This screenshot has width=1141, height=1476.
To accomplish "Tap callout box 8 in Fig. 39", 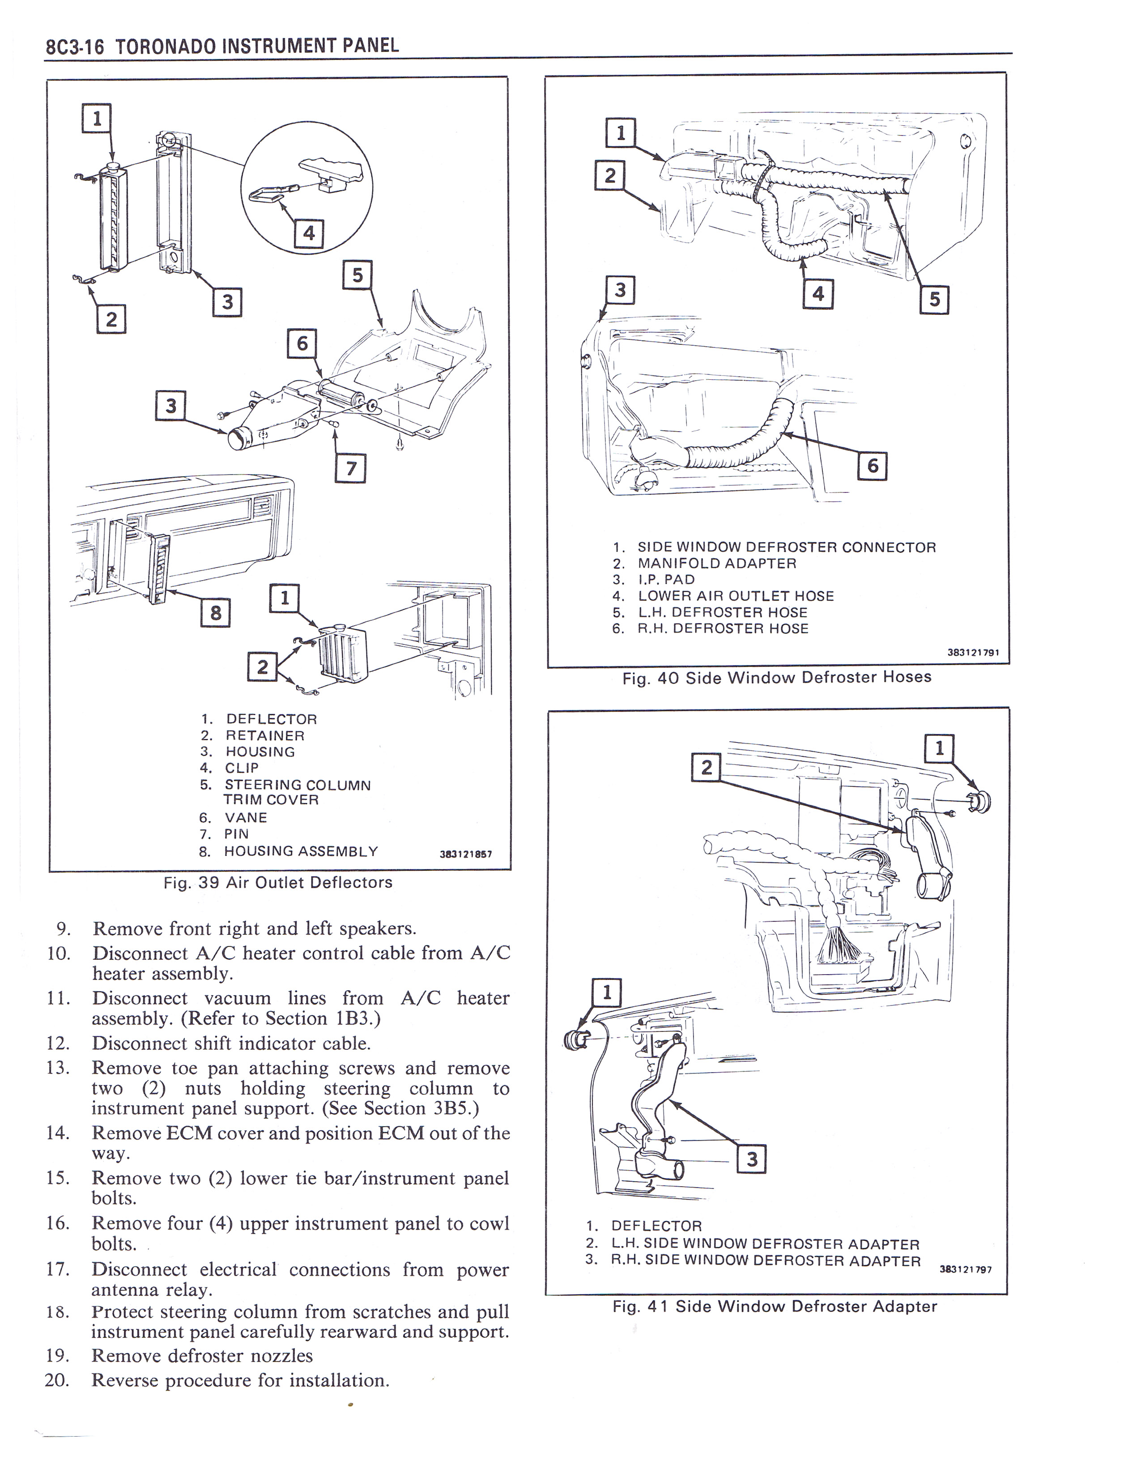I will (x=216, y=612).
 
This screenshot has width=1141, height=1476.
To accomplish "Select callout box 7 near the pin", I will (x=351, y=468).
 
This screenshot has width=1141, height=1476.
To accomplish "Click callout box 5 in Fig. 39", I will (x=358, y=275).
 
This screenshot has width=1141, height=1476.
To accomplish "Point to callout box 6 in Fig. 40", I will (x=872, y=466).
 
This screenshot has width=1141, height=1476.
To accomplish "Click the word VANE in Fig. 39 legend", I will (x=246, y=818).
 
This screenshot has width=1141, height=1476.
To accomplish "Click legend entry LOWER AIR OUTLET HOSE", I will (x=736, y=596).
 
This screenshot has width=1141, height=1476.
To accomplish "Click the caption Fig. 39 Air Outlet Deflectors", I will (x=278, y=882).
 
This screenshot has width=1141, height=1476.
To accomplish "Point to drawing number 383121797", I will (x=965, y=1269).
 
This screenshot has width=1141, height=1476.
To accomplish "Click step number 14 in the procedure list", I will (x=58, y=1133).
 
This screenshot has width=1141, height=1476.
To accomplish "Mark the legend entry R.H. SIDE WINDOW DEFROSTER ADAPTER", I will (x=765, y=1261).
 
